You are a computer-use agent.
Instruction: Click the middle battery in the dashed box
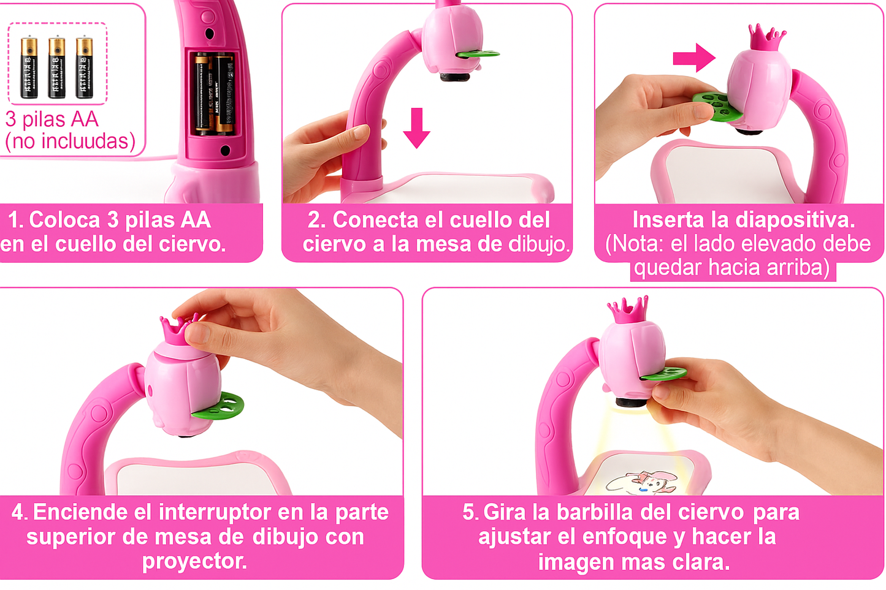pos(56,67)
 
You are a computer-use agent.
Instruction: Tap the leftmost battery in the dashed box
pos(29,67)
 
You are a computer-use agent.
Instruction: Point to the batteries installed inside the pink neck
pos(213,93)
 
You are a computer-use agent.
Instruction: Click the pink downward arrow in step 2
pos(417,127)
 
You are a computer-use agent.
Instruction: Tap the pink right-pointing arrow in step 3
pos(694,58)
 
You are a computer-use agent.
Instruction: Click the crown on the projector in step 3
pos(766,38)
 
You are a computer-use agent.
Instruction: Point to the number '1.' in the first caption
pos(16,220)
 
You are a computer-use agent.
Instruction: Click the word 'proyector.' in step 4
pos(194,561)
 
